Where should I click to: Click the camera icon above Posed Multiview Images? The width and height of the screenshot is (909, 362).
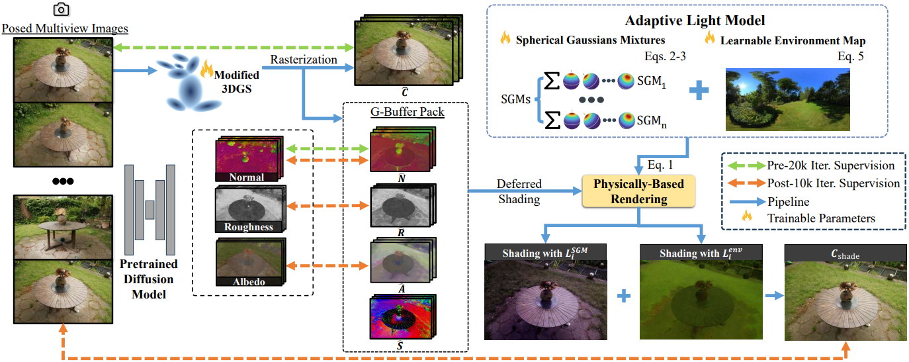tap(62, 9)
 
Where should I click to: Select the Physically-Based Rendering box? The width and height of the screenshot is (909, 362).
tap(638, 191)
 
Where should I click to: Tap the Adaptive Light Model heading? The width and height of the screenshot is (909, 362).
tap(695, 21)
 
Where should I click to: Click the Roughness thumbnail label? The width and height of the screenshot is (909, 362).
tap(249, 226)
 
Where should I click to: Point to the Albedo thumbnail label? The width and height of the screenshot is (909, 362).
tap(249, 282)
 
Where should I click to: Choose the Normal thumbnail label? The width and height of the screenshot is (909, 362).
tap(246, 177)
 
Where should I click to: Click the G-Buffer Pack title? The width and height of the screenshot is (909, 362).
tap(407, 112)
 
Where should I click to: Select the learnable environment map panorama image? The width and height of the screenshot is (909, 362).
tap(787, 99)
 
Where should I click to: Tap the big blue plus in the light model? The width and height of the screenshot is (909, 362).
tap(699, 90)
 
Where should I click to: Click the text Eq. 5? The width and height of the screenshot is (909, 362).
tap(851, 56)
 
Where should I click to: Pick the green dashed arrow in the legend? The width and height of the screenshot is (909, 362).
tap(746, 165)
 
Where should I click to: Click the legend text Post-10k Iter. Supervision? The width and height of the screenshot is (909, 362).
tap(833, 183)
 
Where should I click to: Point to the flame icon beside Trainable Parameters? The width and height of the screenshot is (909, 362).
tap(747, 216)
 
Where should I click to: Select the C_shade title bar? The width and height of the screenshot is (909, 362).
tap(845, 253)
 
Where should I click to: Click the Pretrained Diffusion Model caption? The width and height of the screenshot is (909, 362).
tap(149, 279)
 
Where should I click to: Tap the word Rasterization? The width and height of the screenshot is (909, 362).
tap(304, 60)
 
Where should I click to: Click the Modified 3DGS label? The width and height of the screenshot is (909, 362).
tap(237, 81)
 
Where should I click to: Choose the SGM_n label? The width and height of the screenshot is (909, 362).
tap(651, 121)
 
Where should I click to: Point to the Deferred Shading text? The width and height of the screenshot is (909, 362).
tap(519, 191)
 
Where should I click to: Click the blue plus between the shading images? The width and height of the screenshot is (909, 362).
tap(624, 296)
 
